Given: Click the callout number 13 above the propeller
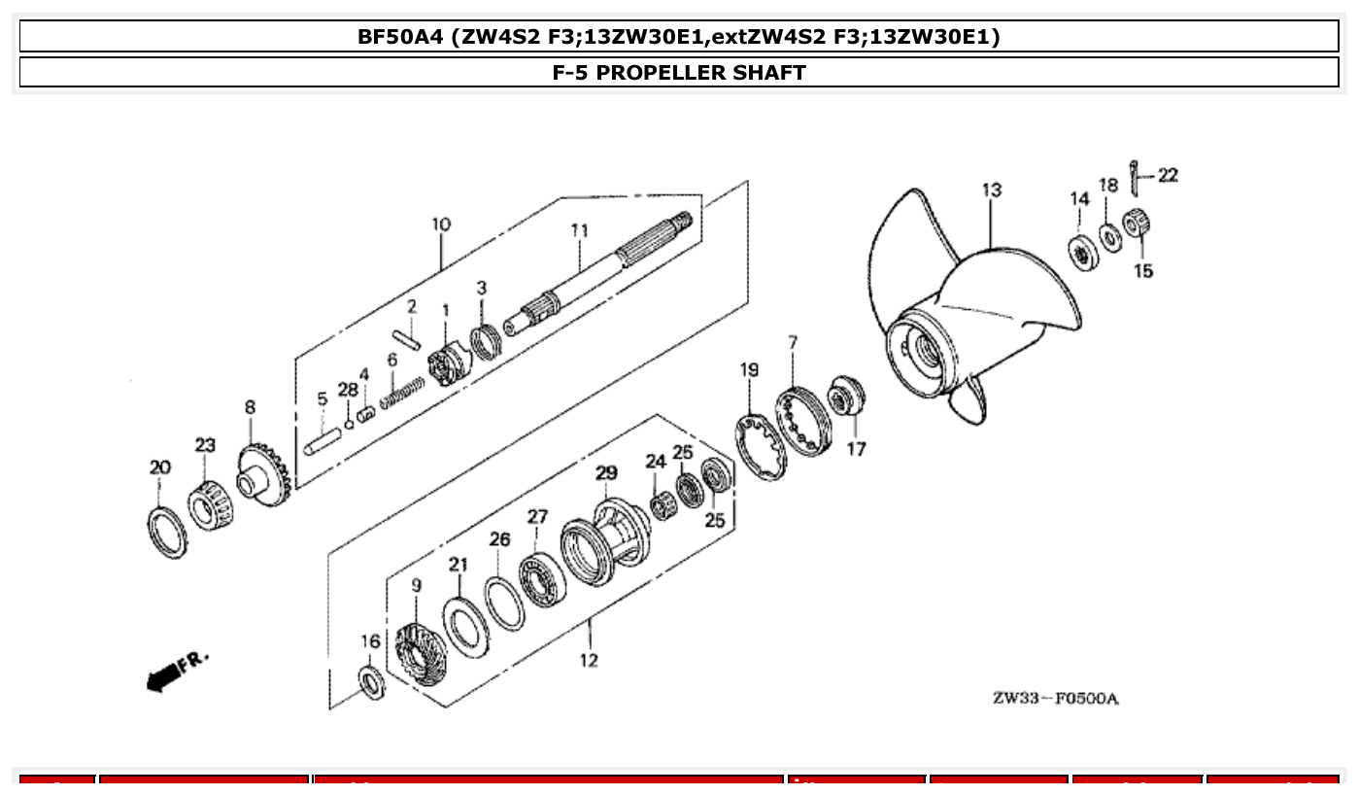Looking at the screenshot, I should point(991,190).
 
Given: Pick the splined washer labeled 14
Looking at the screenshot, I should point(1083,253).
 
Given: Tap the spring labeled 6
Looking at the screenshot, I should point(402,393).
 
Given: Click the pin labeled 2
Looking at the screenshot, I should point(406,339).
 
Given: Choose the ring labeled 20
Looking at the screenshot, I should point(169,533).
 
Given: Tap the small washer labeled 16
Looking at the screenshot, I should point(371,682).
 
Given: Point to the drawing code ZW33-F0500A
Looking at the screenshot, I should point(1055,700).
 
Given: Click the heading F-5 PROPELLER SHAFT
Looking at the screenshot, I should point(679,73).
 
